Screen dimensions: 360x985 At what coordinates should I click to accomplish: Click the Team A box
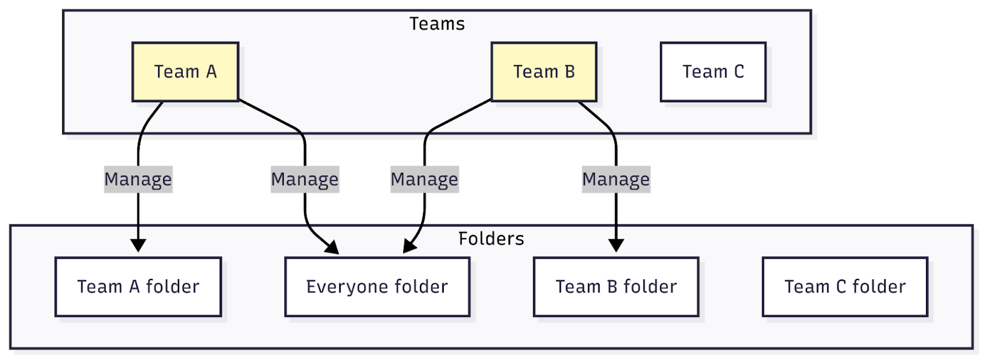click(185, 72)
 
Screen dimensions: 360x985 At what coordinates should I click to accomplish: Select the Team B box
click(544, 72)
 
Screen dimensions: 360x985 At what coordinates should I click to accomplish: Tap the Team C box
click(713, 72)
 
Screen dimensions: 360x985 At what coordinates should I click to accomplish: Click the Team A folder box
click(138, 287)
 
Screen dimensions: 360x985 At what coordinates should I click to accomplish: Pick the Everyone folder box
click(377, 287)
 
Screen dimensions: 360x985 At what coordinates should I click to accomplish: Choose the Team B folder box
click(616, 287)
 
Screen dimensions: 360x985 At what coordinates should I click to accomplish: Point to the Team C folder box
click(845, 287)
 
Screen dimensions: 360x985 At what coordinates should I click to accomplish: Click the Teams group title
click(437, 24)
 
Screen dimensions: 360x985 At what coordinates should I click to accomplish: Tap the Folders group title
click(491, 239)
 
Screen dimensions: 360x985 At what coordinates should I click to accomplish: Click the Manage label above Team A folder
click(138, 180)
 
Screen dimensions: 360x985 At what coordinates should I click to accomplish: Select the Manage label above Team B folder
click(616, 180)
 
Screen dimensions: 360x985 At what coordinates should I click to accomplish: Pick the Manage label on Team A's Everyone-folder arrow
click(305, 180)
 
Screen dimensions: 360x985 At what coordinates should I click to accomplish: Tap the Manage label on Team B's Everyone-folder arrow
click(424, 180)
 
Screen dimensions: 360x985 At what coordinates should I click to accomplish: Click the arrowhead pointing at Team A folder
click(138, 246)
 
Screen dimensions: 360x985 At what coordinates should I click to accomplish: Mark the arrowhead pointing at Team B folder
click(616, 246)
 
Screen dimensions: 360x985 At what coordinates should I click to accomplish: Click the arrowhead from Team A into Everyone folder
click(333, 248)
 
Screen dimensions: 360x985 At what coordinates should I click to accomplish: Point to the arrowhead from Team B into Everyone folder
click(409, 247)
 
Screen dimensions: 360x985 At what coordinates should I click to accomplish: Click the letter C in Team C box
click(739, 72)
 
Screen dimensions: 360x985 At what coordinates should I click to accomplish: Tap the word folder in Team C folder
click(878, 287)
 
